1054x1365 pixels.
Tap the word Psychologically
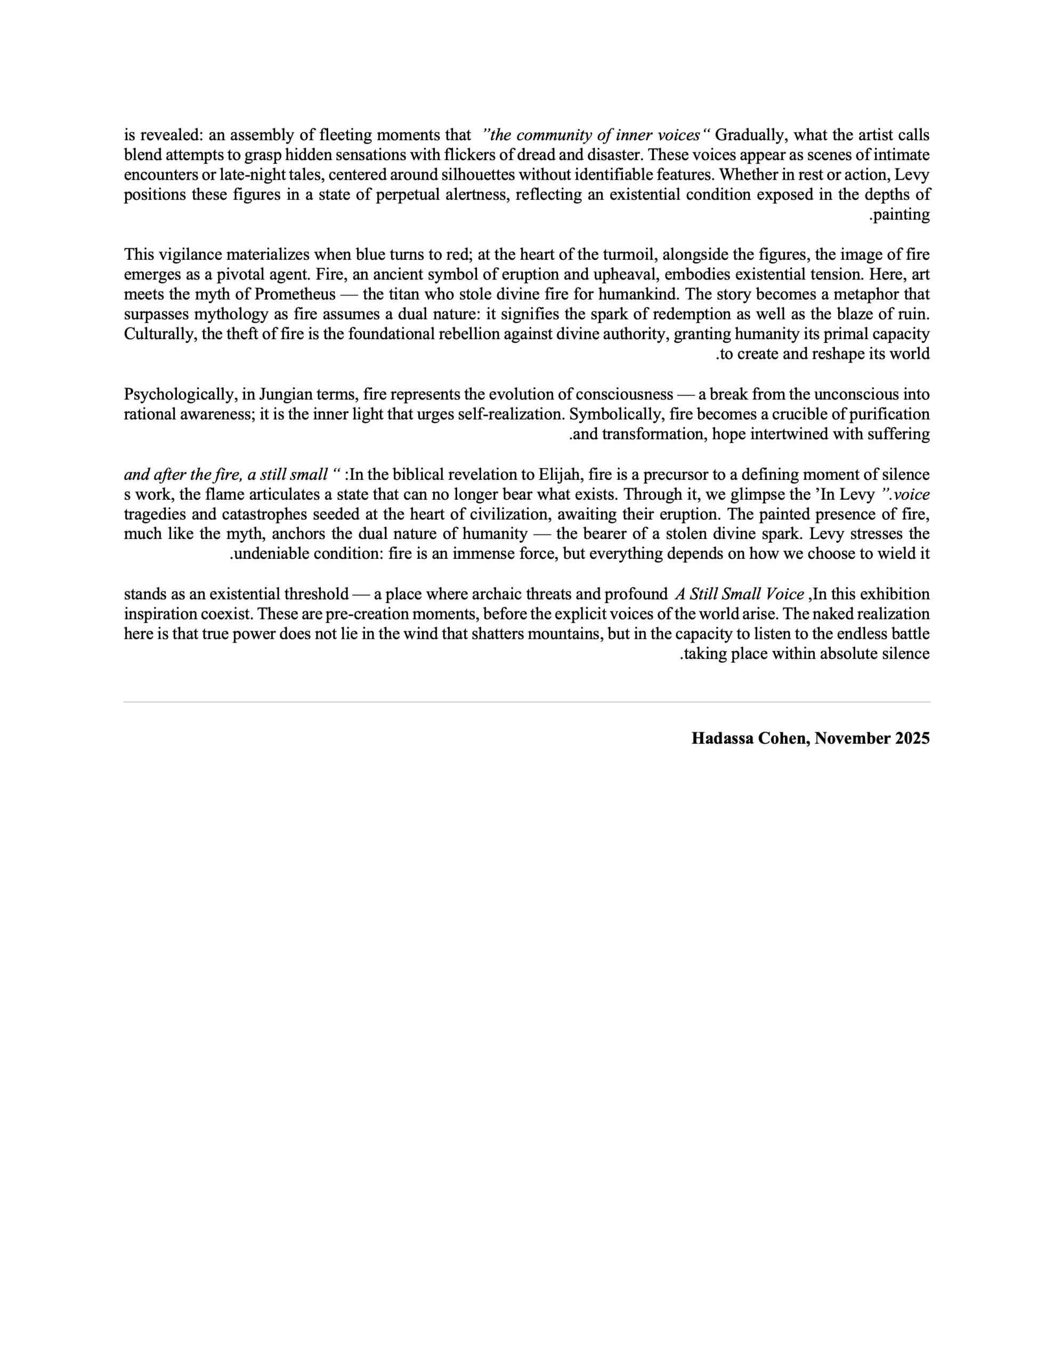(179, 395)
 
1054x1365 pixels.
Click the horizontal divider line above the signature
(526, 702)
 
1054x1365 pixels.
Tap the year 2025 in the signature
(912, 738)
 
